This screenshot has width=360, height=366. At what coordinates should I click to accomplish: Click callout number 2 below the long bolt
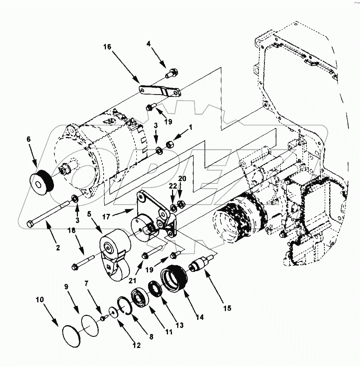point(58,248)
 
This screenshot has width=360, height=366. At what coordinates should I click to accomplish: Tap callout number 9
point(66,287)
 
